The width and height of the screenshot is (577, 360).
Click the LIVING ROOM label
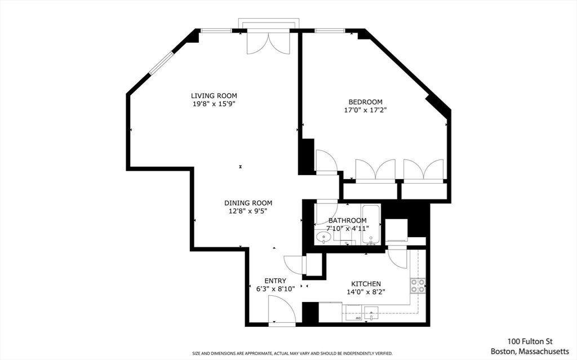(x=214, y=96)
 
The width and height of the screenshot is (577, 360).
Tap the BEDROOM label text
(x=365, y=101)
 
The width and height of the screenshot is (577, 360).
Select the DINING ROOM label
(x=248, y=203)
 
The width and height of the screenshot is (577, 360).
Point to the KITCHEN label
(x=366, y=284)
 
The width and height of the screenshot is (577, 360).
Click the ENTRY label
(x=275, y=281)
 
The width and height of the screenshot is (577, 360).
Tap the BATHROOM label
(x=347, y=220)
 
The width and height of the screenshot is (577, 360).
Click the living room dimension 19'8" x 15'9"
(x=214, y=104)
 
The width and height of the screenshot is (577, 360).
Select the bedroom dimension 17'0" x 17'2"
(x=365, y=110)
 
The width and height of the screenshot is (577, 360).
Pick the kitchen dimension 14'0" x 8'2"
(x=366, y=292)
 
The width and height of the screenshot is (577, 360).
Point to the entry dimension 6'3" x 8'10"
(x=276, y=289)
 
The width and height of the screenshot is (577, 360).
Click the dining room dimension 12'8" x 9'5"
(x=248, y=211)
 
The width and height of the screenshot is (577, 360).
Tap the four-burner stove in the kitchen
(x=418, y=286)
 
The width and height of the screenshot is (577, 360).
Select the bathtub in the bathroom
(x=371, y=224)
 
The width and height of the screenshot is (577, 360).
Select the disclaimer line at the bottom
(x=292, y=353)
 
